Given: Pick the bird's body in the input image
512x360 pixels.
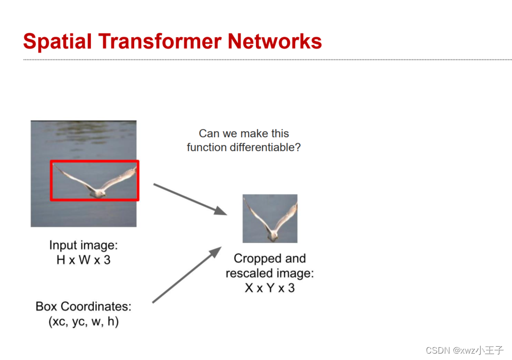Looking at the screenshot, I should coord(96,192).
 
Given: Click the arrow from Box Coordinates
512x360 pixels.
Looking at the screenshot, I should coord(187,275).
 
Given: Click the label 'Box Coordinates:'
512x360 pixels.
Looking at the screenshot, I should coord(84,307).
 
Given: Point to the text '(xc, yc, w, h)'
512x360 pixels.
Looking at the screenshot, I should coord(84,322).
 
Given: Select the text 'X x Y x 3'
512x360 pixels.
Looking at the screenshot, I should coord(269,288).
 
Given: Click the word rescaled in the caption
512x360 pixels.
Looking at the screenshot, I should coord(247,274).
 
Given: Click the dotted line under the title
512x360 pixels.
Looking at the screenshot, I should coord(266,60).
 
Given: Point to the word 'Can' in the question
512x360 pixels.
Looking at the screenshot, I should coord(209,133).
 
